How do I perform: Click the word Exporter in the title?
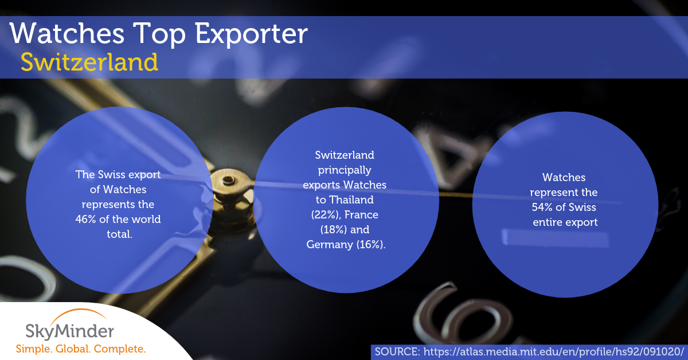(x=251, y=34)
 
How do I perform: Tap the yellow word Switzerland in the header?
(x=89, y=62)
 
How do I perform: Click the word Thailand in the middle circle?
(x=351, y=199)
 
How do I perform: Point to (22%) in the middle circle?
(x=326, y=215)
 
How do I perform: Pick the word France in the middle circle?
(x=361, y=215)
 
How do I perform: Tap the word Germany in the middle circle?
(x=330, y=245)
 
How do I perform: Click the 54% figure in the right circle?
(x=543, y=207)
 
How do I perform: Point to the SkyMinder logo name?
(x=69, y=331)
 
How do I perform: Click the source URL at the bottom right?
(x=554, y=352)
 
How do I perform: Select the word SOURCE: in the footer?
(x=397, y=352)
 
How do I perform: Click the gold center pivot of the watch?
(x=229, y=181)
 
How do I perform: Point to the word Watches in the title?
(x=67, y=33)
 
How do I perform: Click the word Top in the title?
(x=159, y=34)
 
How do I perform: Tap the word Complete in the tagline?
(x=119, y=349)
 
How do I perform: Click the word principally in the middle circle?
(x=345, y=170)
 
